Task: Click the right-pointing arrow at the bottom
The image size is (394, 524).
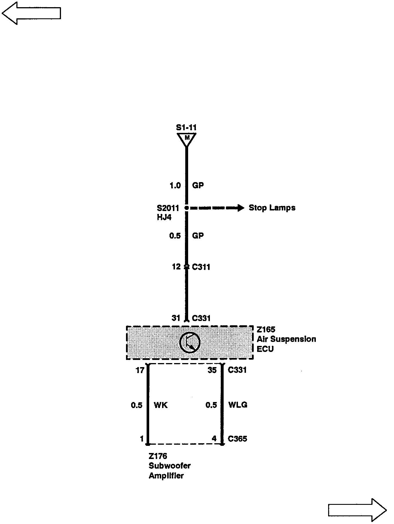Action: click(357, 510)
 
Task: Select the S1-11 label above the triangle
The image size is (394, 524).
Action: click(186, 127)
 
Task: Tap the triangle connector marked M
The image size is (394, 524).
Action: click(187, 139)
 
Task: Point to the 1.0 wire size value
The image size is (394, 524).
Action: click(175, 186)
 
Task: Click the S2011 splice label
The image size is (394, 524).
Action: click(168, 208)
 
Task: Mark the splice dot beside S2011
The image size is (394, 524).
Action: click(187, 208)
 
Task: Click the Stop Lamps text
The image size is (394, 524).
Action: click(272, 208)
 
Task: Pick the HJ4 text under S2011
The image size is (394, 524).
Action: click(164, 217)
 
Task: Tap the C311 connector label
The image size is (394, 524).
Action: click(201, 267)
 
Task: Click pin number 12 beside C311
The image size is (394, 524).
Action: click(176, 267)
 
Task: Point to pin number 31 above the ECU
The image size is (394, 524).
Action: click(176, 318)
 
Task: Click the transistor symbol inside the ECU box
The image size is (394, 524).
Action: click(190, 342)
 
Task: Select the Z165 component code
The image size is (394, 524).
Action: click(266, 330)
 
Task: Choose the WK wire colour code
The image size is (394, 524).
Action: click(161, 405)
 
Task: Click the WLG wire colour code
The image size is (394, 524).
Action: click(238, 405)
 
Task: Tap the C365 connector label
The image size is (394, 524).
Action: click(237, 439)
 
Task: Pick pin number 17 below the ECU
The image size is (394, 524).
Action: click(140, 370)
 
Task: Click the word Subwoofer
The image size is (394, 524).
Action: click(170, 466)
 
